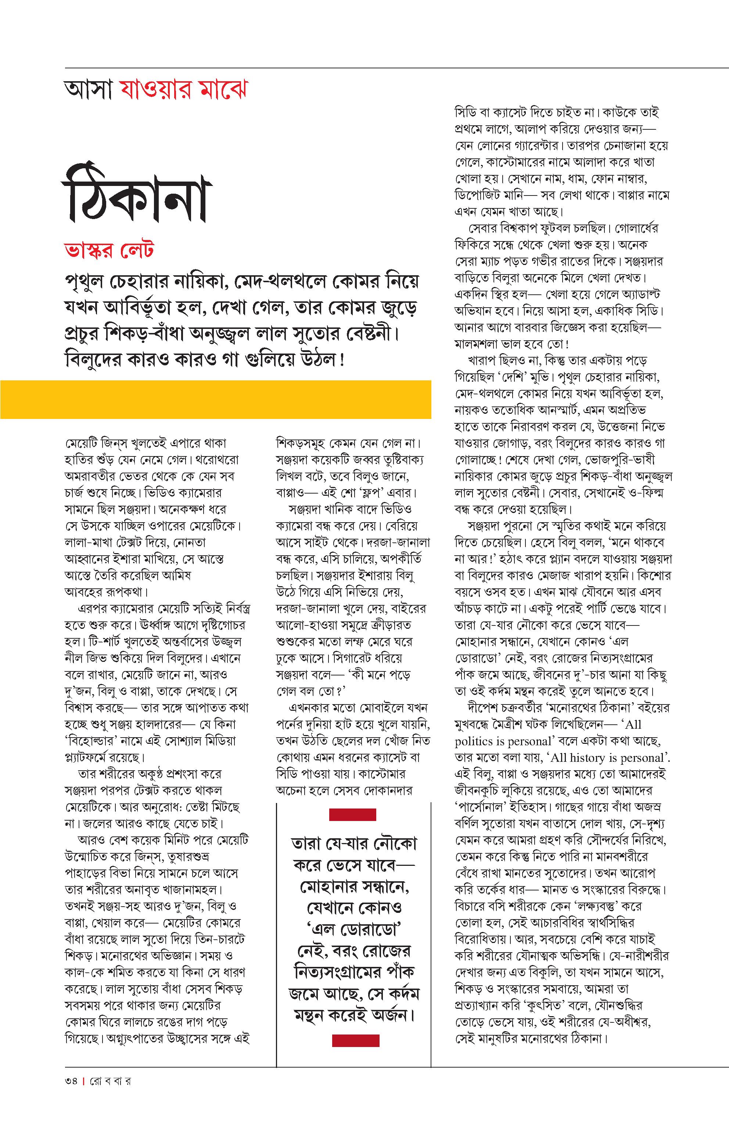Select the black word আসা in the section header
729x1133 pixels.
89,90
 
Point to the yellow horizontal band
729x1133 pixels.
215,399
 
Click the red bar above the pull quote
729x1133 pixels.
352,814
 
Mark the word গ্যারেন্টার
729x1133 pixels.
534,146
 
